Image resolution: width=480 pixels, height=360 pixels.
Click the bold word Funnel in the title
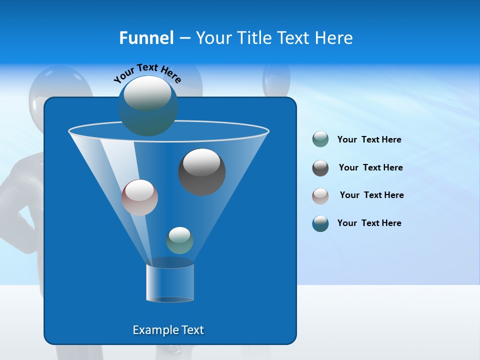(x=146, y=38)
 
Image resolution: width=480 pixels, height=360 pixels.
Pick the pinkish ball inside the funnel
(x=139, y=197)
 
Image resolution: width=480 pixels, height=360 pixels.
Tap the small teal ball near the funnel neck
(x=179, y=241)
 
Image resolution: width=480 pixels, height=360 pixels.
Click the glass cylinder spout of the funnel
(x=170, y=283)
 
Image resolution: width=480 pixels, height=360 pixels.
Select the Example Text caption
(x=168, y=330)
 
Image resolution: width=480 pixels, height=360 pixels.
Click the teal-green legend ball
(x=320, y=139)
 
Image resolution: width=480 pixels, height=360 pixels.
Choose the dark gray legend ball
(x=320, y=168)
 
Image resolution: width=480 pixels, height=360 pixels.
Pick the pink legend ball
(x=320, y=195)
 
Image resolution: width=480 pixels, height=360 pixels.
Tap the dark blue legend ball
(x=320, y=223)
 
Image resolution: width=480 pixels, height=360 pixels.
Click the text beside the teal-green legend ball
(x=369, y=140)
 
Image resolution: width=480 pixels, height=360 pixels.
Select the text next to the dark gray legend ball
(x=370, y=168)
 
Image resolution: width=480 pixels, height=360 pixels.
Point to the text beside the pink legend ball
(x=371, y=195)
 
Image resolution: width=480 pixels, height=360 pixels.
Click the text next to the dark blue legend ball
(x=369, y=223)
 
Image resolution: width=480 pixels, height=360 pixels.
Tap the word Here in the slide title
(x=334, y=38)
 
